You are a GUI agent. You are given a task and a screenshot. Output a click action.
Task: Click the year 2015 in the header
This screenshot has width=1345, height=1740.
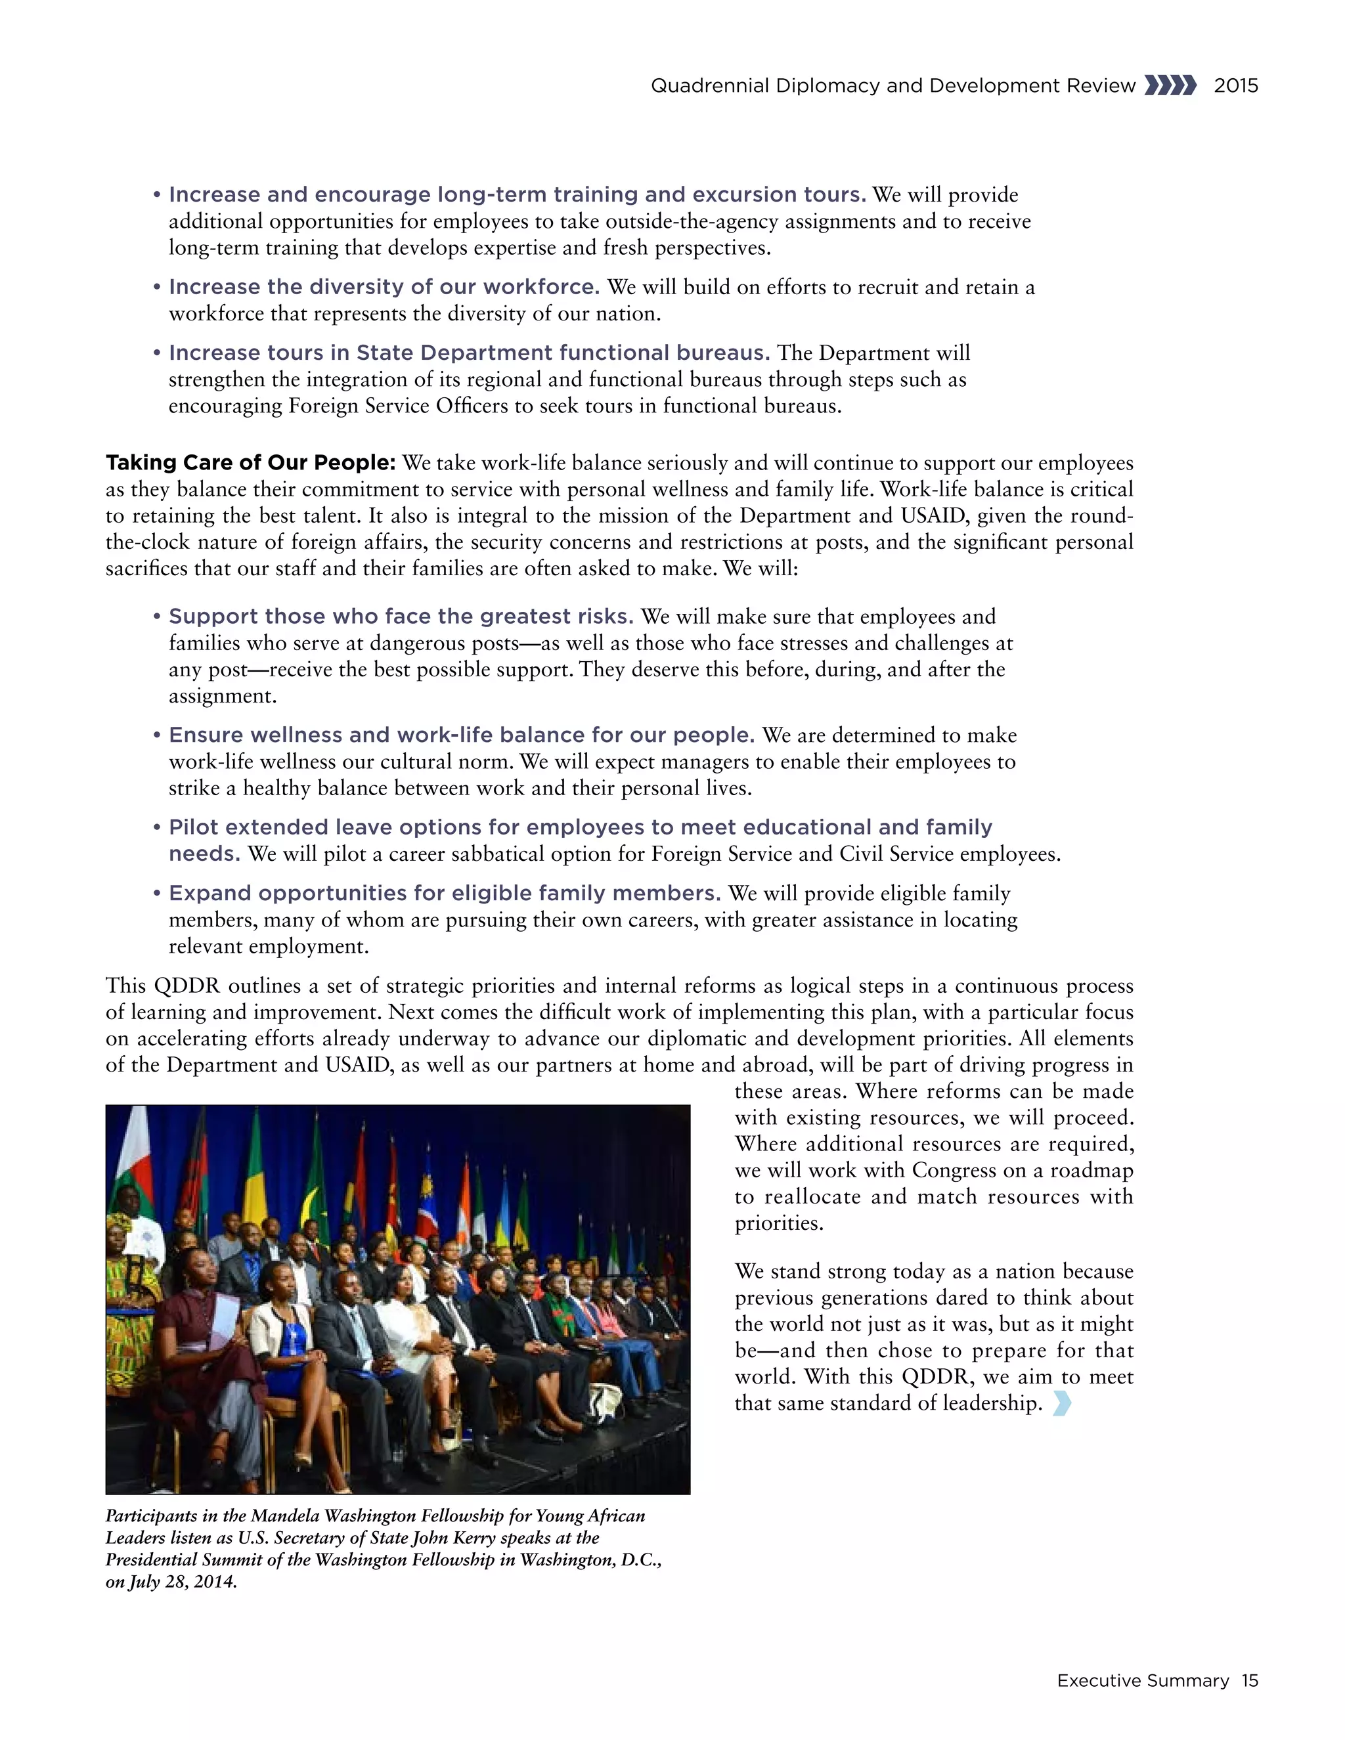pos(1235,86)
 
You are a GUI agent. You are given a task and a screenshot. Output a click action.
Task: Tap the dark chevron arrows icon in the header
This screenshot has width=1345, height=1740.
pos(1170,85)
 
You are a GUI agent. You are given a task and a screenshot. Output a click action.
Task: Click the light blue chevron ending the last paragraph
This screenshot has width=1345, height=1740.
pos(1061,1403)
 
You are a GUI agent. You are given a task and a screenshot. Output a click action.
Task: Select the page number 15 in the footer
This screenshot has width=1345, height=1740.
pos(1249,1680)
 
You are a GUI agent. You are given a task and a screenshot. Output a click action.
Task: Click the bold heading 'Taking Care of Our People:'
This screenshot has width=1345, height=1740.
pos(250,463)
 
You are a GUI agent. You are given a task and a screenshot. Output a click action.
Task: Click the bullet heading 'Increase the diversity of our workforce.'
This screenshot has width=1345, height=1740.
pos(384,287)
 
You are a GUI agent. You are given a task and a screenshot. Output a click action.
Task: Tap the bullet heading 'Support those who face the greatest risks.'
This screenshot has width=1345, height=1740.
pos(401,617)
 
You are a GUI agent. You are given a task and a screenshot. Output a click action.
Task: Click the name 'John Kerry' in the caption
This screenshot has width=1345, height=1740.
pos(452,1538)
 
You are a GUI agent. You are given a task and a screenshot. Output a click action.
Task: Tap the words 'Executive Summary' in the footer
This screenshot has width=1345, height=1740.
pos(1143,1680)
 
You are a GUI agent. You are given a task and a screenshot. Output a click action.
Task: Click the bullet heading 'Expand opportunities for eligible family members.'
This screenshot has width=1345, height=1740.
pos(445,893)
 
